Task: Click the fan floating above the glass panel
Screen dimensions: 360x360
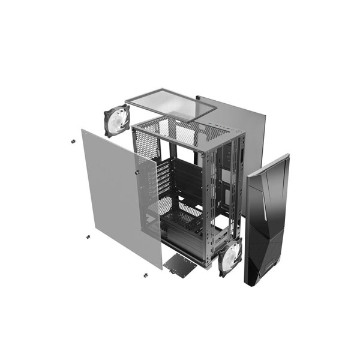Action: click(116, 121)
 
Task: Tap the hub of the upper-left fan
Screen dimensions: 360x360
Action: click(116, 121)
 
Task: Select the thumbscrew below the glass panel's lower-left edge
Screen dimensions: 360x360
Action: click(88, 236)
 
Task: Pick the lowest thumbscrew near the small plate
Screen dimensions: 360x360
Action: click(146, 275)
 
